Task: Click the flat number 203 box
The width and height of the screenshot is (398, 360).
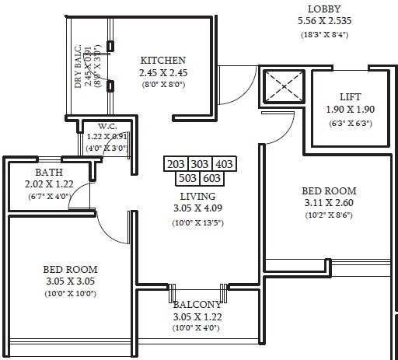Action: coord(176,165)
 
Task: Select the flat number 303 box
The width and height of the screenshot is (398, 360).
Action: coord(200,165)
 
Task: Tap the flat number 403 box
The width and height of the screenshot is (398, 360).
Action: coord(224,165)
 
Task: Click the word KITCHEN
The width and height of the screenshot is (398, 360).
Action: coord(162,60)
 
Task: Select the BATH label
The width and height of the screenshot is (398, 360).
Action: coord(38,172)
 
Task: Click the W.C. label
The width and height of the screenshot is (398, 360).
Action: coord(107,126)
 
